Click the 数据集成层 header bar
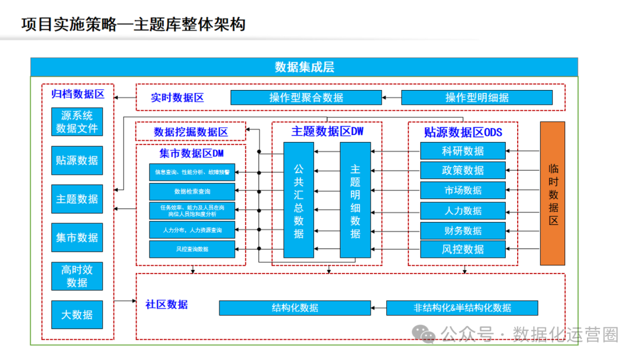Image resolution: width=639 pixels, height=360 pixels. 304,67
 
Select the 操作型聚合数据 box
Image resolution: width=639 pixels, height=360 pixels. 306,98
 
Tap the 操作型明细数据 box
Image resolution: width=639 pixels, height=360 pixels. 477,98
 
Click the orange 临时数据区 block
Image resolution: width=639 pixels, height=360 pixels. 553,194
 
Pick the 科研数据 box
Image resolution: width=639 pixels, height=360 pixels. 463,151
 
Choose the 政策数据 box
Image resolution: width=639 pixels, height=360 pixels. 463,171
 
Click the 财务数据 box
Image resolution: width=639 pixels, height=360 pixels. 463,230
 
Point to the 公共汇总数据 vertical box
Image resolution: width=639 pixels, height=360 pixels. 299,200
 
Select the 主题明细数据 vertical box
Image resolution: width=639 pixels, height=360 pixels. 355,200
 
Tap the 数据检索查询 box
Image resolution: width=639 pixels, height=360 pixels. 192,192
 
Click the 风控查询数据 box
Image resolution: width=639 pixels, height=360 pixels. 192,249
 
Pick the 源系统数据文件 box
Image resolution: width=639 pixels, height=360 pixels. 77,122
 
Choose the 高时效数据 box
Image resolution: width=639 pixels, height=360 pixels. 77,276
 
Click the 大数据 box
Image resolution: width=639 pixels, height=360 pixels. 77,315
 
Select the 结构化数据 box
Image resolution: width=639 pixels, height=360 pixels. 295,308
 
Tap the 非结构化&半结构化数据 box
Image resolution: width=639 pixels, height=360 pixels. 462,308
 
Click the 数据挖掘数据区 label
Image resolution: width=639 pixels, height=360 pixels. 191,131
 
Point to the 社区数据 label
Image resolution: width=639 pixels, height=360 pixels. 166,304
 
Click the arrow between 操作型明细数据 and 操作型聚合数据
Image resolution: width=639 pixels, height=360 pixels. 391,98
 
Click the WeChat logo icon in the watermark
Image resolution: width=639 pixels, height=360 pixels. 425,335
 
